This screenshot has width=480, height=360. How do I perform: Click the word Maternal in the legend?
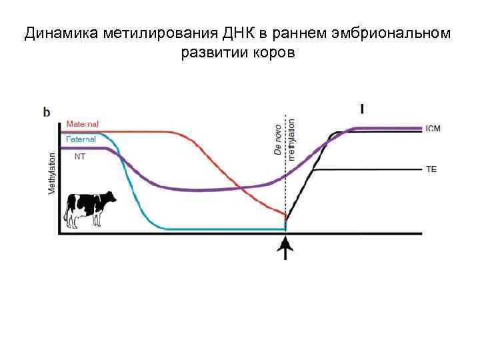pos(83,124)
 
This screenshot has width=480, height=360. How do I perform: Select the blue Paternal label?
pos(81,139)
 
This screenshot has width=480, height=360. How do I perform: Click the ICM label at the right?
pos(433,128)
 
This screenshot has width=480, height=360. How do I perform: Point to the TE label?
pos(431,169)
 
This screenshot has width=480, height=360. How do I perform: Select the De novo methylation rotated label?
pos(284,139)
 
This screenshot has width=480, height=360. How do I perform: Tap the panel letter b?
pos(47,112)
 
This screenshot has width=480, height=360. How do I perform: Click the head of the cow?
pos(109,197)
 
